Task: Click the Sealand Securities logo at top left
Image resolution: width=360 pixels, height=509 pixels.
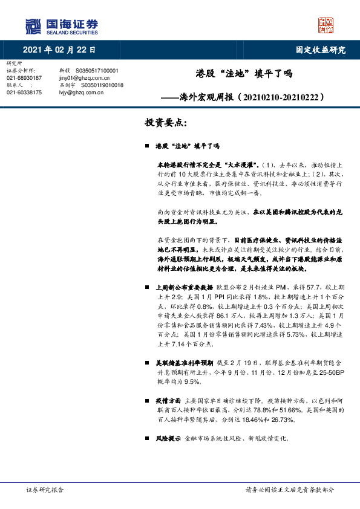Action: click(x=61, y=26)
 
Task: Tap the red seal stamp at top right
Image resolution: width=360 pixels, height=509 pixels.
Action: click(x=326, y=25)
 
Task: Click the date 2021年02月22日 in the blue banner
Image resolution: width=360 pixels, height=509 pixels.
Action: click(x=60, y=50)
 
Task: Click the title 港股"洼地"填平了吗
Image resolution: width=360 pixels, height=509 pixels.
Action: click(x=244, y=74)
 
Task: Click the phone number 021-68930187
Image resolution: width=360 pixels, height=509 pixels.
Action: click(x=24, y=78)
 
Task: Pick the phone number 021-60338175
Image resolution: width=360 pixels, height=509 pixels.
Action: click(x=24, y=92)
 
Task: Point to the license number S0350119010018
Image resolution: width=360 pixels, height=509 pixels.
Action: click(x=102, y=85)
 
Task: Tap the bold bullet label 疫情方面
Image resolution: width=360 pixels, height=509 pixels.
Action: click(x=167, y=400)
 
